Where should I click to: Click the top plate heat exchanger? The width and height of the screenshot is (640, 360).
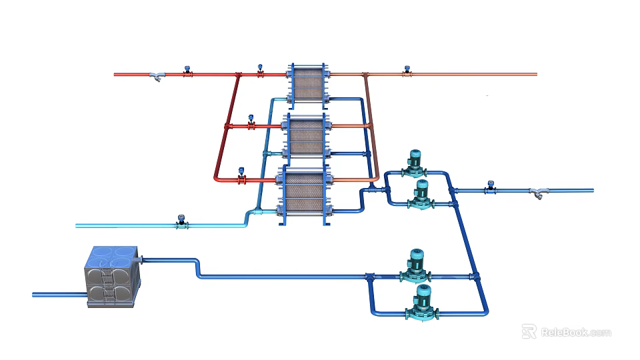(307, 84)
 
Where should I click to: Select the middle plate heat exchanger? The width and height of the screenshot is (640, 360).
(307, 137)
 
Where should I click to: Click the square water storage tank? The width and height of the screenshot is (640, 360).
(112, 277)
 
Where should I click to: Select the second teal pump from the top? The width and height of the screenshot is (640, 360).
(421, 194)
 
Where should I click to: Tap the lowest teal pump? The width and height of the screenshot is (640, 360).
(421, 302)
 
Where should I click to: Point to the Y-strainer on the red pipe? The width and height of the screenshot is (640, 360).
(157, 77)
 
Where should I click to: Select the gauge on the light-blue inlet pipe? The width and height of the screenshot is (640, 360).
(180, 221)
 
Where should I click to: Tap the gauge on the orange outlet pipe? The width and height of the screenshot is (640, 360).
(407, 71)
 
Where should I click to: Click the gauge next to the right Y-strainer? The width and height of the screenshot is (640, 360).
(491, 186)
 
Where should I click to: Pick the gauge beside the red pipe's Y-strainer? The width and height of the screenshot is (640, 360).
(188, 71)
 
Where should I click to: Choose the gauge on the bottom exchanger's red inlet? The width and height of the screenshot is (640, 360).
(241, 175)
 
